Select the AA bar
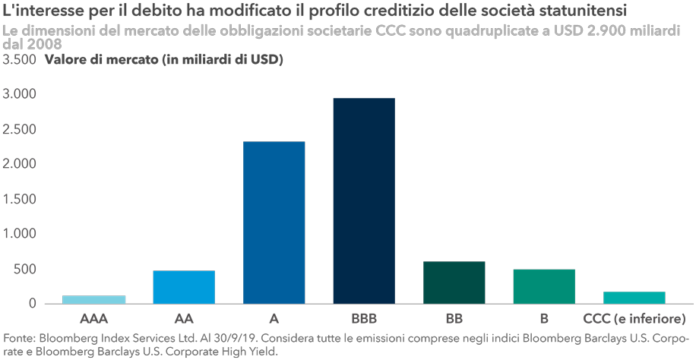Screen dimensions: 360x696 183,287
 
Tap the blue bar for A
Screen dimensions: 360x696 274,223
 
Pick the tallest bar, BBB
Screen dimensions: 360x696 364,201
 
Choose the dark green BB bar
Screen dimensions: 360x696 454,283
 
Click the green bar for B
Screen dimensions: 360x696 544,286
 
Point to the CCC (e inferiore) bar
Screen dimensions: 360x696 634,297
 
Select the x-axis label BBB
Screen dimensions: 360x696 364,317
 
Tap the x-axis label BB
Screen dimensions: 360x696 454,317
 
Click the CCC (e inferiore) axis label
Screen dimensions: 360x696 634,317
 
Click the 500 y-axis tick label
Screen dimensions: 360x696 25,269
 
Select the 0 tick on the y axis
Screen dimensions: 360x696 32,304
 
